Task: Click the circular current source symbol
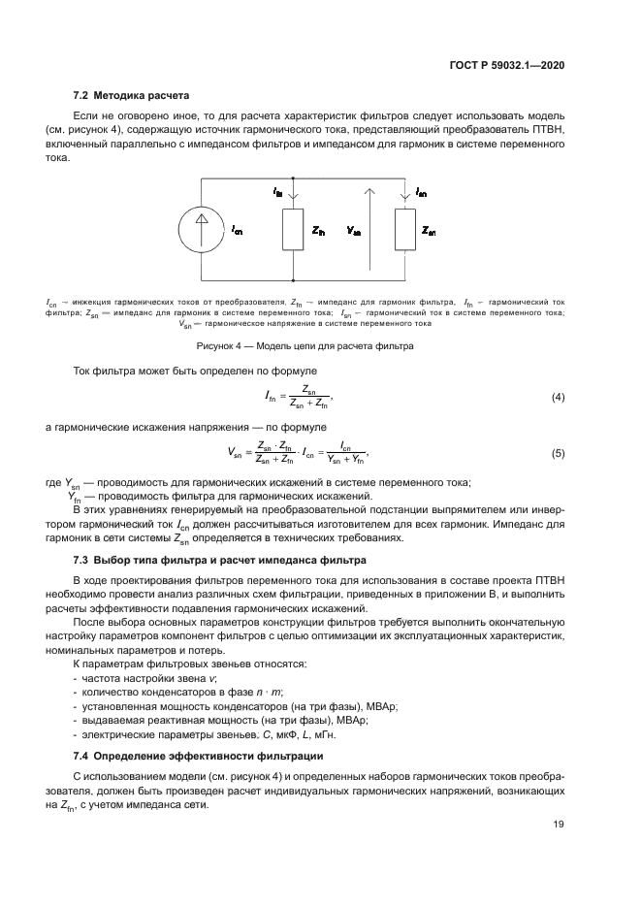pos(201,231)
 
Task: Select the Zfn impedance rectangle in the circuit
pos(292,232)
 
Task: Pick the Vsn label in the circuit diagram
pos(353,233)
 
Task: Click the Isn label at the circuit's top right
pos(420,193)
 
